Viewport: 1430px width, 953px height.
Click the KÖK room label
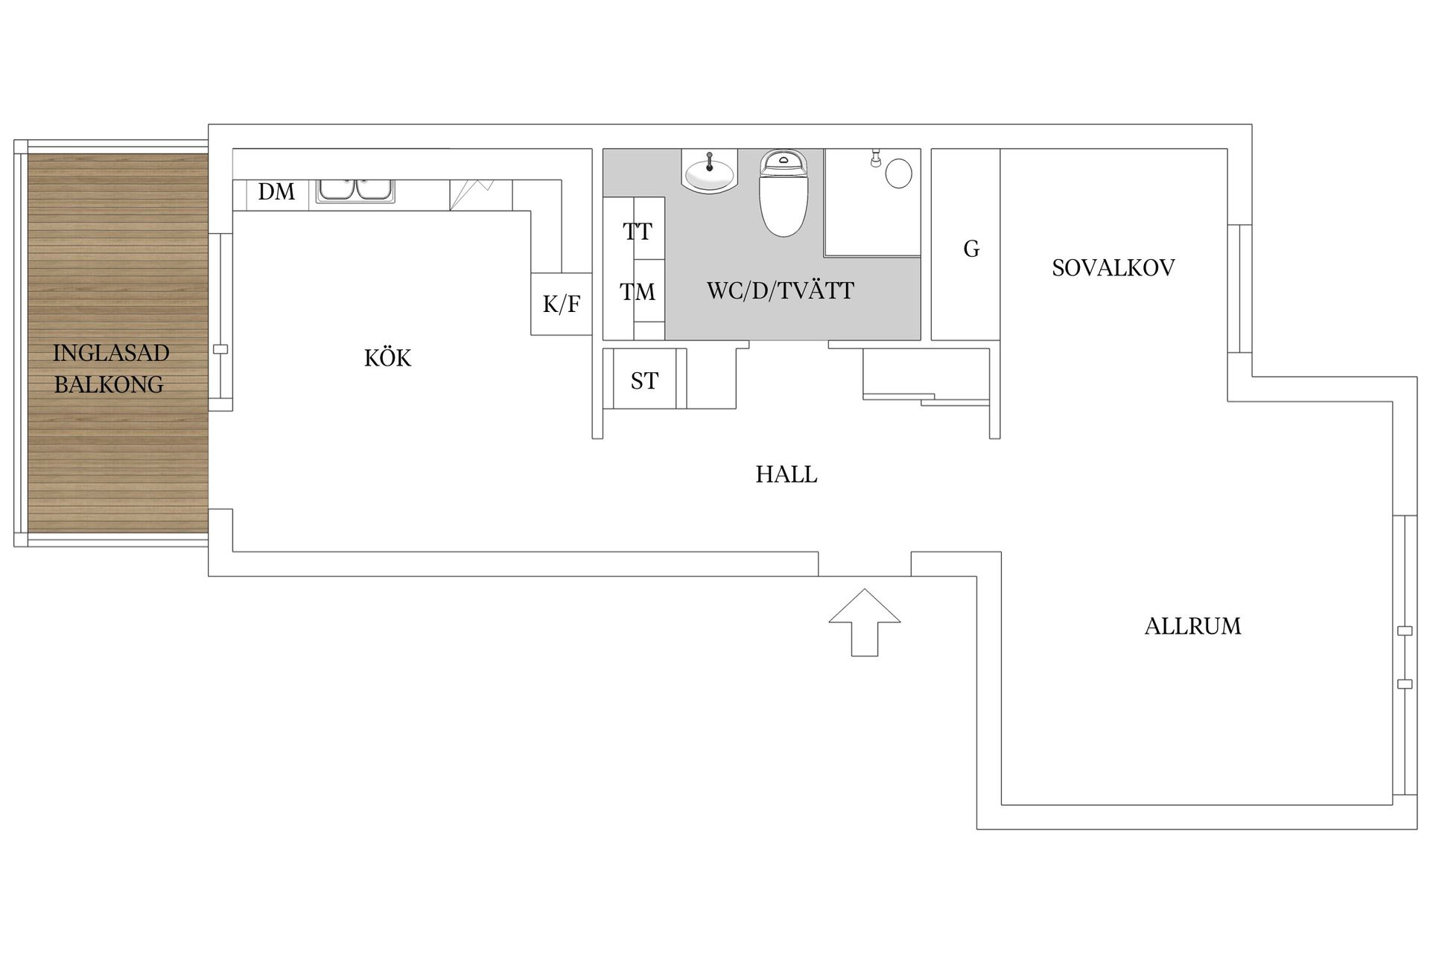[x=387, y=358]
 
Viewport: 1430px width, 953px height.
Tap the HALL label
[x=786, y=474]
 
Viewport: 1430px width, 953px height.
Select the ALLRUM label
[x=1192, y=626]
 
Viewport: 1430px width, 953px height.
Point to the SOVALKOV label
[x=1113, y=267]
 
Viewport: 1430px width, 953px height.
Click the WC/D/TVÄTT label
[x=780, y=290]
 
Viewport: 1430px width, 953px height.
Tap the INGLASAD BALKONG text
[x=111, y=369]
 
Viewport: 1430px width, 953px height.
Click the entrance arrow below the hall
[x=864, y=622]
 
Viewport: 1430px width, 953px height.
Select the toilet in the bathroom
[x=783, y=193]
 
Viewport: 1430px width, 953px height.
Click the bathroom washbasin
[x=710, y=172]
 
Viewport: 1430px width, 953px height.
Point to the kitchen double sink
[x=356, y=190]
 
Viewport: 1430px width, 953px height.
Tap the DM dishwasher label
[x=276, y=192]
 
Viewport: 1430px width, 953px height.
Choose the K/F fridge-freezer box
[x=561, y=304]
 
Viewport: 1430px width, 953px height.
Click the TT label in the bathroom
[x=638, y=232]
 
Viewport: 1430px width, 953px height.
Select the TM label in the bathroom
[x=638, y=292]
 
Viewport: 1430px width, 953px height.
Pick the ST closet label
[x=644, y=381]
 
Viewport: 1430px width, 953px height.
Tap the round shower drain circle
[x=899, y=173]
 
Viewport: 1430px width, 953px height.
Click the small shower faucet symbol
[x=877, y=158]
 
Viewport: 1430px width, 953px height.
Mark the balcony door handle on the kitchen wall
[x=220, y=348]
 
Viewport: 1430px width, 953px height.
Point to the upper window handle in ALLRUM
[x=1405, y=631]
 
